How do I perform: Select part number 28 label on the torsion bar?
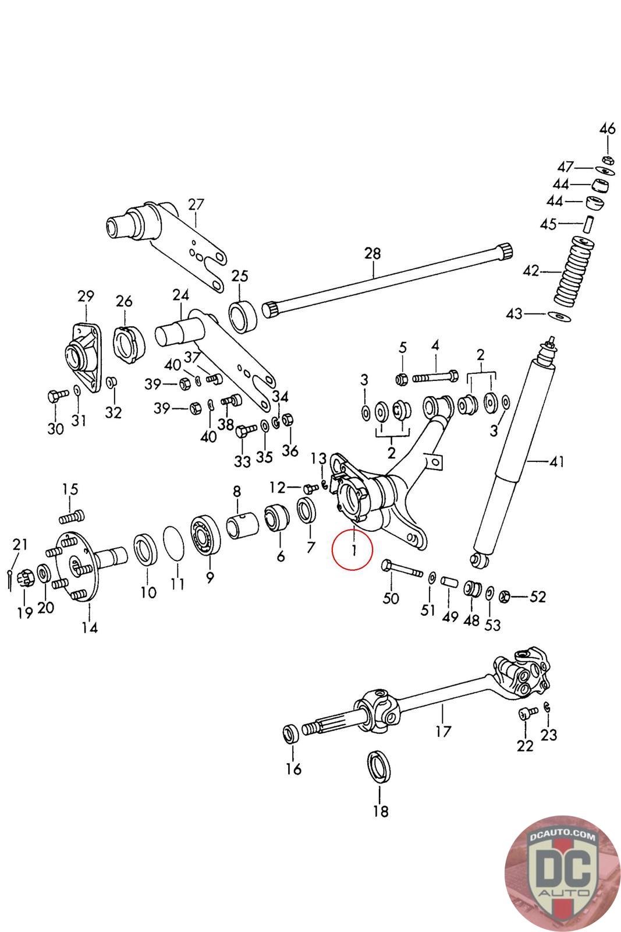[372, 253]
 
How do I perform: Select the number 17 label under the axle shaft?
[443, 731]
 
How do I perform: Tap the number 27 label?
[196, 204]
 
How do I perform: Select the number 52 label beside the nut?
[538, 596]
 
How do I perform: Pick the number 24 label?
[180, 295]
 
